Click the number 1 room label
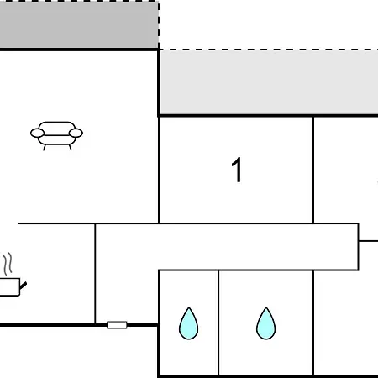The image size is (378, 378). [x=237, y=170]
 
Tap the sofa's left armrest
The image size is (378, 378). [x=37, y=133]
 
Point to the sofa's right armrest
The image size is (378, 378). [x=76, y=133]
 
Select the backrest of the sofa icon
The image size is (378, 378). [x=57, y=129]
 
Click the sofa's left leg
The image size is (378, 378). [x=45, y=148]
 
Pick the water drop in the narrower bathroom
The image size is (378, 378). [x=188, y=323]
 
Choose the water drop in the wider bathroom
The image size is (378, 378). [x=265, y=323]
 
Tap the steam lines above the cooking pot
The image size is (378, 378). [x=8, y=264]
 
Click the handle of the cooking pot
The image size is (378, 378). [x=23, y=286]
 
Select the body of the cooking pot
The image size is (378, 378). [x=9, y=286]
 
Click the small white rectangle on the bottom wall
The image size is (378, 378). [x=117, y=325]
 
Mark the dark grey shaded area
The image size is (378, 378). [x=79, y=24]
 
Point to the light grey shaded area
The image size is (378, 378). [x=269, y=82]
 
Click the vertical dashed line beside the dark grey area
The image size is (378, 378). [x=159, y=24]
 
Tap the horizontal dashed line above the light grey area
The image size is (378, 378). [x=269, y=50]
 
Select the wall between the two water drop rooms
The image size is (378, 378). [x=218, y=323]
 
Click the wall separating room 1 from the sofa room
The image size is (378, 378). [x=159, y=170]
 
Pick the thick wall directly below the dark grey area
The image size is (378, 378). [x=79, y=50]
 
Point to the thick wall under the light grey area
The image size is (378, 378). [x=269, y=115]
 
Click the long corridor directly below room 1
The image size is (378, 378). [x=227, y=247]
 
